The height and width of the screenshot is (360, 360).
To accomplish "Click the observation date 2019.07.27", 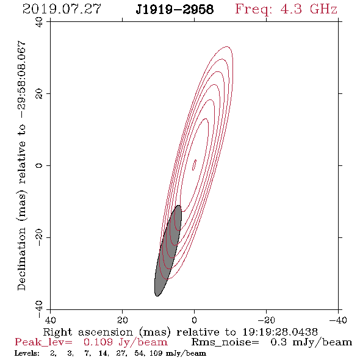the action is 62,9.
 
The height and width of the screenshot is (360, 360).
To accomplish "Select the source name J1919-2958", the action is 175,10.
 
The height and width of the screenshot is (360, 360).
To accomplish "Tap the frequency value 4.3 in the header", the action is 291,9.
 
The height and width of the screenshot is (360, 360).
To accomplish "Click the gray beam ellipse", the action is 168,251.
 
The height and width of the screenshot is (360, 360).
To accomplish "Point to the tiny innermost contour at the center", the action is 194,165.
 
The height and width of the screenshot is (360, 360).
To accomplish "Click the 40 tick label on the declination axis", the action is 39,22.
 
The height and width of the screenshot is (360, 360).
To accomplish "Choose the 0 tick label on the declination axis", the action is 39,165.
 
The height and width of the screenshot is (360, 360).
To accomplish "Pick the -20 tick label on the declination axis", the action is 39,237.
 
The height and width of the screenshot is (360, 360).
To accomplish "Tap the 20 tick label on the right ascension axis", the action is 123,320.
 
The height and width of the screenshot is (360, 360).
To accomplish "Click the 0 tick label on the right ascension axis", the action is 195,320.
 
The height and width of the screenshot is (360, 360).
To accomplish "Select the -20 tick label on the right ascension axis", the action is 266,320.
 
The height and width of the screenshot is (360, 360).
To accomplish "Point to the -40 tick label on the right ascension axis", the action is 338,320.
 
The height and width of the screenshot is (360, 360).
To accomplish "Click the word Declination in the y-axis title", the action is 21,259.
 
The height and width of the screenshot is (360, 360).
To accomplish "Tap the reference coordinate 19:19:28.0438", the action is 280,332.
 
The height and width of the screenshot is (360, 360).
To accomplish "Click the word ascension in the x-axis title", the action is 106,333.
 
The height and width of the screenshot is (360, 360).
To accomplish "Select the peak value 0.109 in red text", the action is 98,342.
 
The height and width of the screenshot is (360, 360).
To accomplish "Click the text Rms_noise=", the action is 225,342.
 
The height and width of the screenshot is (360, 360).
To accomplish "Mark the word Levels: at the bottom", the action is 27,353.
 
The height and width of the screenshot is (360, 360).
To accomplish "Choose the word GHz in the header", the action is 323,9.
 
